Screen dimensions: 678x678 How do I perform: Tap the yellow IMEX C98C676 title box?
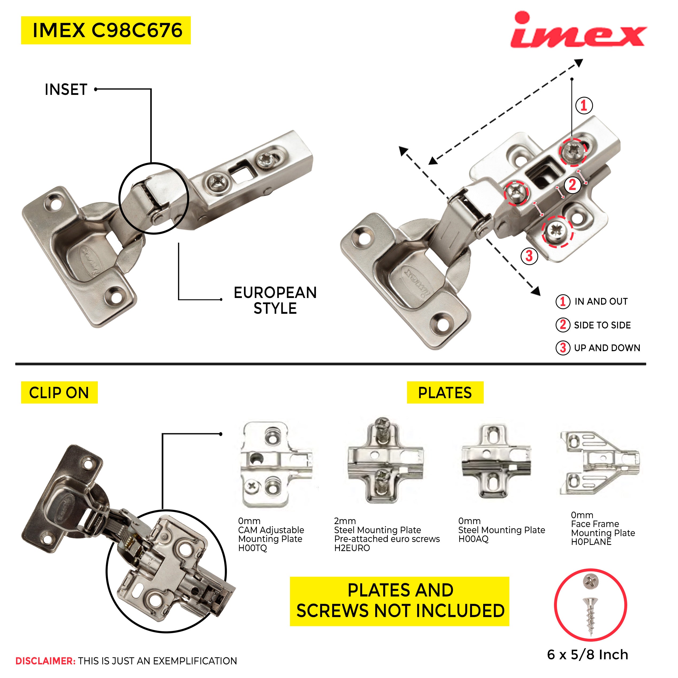106,30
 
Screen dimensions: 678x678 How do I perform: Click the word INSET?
66,90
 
